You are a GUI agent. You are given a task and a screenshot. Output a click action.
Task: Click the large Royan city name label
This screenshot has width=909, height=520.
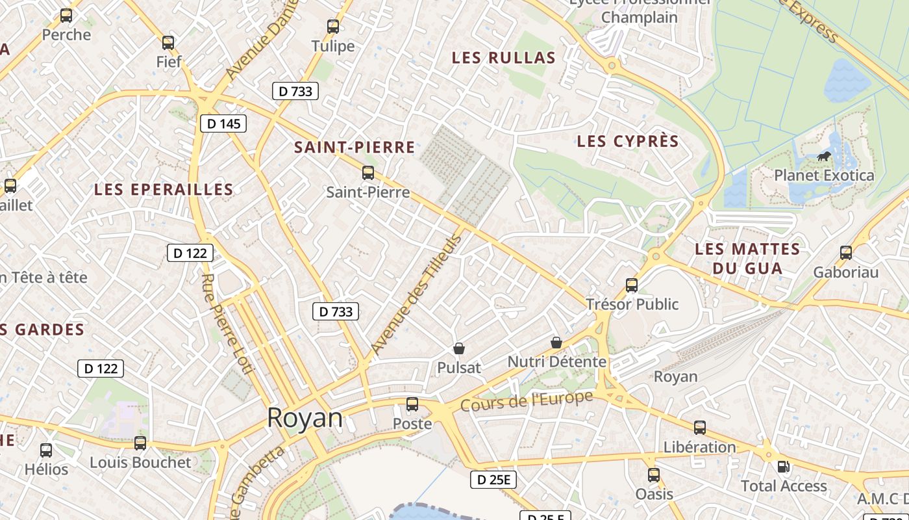click(305, 418)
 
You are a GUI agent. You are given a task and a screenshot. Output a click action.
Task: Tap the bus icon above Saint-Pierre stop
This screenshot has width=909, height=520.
click(368, 173)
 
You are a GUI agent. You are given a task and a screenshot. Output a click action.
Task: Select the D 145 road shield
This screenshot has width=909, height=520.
click(223, 123)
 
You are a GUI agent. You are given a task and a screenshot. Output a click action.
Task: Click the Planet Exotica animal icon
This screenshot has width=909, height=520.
click(824, 157)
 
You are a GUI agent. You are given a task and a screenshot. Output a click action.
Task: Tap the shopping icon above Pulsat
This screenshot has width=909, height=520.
click(459, 348)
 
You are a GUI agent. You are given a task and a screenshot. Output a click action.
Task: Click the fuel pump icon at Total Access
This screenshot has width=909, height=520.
click(784, 467)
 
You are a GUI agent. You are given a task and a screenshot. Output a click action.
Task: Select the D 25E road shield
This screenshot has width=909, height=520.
click(493, 480)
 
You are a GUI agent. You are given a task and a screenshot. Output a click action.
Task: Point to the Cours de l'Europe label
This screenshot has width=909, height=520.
click(527, 400)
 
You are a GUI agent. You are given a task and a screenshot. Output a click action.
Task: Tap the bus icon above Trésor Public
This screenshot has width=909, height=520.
click(632, 285)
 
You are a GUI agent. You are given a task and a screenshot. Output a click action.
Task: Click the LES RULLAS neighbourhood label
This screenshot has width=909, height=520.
click(504, 58)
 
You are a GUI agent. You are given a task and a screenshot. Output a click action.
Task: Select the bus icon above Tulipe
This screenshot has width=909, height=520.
click(333, 27)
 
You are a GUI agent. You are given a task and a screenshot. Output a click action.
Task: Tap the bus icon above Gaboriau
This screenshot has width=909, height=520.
click(845, 253)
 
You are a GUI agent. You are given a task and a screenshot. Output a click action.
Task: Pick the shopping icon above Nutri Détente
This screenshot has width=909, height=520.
click(556, 342)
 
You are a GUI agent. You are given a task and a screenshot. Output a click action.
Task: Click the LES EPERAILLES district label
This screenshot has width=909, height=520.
click(164, 189)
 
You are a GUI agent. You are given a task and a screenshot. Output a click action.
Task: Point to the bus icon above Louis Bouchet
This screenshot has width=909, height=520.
click(140, 443)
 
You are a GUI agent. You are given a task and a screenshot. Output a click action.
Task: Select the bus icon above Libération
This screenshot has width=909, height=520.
click(699, 428)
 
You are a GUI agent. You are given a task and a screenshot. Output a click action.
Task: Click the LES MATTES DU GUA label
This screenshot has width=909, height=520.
click(747, 258)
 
